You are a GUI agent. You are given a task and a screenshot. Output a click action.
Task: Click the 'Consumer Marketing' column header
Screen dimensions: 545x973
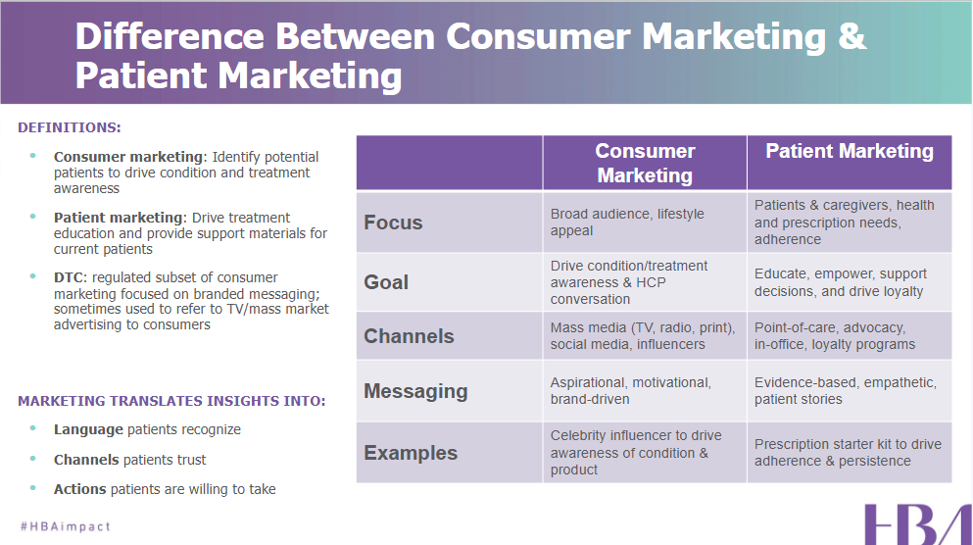pos(645,163)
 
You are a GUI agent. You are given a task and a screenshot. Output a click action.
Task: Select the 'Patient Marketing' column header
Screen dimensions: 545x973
pos(849,152)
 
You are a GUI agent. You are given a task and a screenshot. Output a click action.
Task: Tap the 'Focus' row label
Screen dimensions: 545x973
pos(393,223)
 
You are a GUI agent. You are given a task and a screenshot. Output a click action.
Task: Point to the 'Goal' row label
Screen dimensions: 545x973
pos(386,282)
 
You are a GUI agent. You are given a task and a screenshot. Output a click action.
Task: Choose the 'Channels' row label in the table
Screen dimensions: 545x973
pos(409,336)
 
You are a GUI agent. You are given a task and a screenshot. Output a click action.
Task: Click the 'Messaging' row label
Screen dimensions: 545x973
pos(415,391)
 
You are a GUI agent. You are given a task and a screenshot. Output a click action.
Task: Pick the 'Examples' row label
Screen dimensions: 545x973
pos(411,453)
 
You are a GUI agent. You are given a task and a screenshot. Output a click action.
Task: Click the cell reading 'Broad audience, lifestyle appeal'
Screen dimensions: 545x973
pos(627,223)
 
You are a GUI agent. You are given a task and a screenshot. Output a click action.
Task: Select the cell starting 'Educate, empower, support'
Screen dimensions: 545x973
pos(840,282)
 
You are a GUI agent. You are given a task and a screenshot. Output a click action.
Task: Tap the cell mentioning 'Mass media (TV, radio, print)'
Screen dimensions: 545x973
pos(643,336)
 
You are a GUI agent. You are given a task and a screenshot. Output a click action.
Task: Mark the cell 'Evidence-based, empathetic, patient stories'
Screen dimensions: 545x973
pos(845,391)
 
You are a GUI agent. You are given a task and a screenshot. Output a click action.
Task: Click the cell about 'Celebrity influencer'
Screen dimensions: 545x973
pos(636,453)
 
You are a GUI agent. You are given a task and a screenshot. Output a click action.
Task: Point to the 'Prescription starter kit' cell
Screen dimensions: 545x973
pos(847,453)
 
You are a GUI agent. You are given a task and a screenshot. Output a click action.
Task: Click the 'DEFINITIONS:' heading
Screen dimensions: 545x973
pos(70,127)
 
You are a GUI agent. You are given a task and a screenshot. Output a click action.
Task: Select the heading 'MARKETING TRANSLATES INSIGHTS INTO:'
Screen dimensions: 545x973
pos(171,401)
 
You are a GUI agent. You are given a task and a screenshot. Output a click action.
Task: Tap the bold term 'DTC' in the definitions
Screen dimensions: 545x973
pos(70,277)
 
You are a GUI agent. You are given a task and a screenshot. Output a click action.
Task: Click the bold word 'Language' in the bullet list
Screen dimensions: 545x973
pos(88,429)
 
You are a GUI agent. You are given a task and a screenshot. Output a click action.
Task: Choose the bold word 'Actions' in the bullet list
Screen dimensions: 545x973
pos(80,489)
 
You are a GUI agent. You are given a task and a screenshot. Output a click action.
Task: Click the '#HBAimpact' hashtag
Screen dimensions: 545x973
pos(66,526)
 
